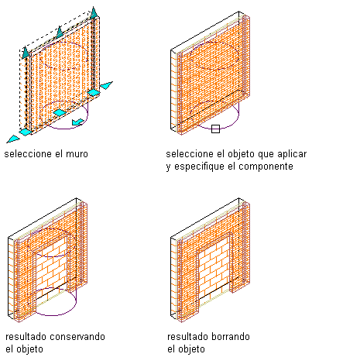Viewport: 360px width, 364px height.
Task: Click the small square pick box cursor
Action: pyautogui.click(x=215, y=129)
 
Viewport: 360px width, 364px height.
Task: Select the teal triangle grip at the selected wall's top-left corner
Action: pyautogui.click(x=26, y=53)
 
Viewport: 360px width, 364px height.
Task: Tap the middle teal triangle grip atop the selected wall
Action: pyautogui.click(x=60, y=32)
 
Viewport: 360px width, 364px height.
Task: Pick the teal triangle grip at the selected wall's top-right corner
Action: pyautogui.click(x=94, y=12)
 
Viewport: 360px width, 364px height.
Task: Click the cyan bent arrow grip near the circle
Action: pyautogui.click(x=78, y=122)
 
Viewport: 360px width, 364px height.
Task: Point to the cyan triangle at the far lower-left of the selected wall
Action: pyautogui.click(x=13, y=139)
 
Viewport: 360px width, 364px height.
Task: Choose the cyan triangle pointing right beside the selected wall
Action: pyautogui.click(x=106, y=85)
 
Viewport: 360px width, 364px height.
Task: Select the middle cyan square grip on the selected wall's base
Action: pyautogui.click(x=60, y=112)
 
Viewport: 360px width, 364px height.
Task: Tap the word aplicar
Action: pyautogui.click(x=292, y=154)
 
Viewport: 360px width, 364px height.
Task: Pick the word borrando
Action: pyautogui.click(x=231, y=337)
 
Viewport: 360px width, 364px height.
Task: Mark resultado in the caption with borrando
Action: pyautogui.click(x=187, y=337)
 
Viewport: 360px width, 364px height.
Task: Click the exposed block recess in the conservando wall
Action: pyautogui.click(x=51, y=269)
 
